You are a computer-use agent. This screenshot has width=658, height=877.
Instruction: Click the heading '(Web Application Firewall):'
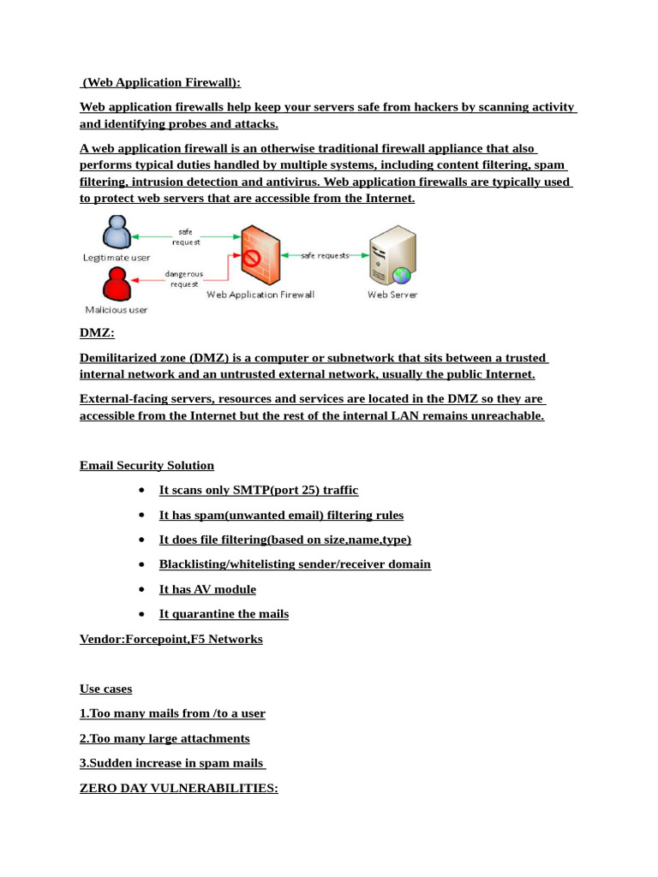click(161, 82)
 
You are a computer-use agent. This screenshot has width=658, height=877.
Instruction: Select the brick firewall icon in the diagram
click(260, 254)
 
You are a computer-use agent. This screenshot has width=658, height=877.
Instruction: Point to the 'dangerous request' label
click(183, 278)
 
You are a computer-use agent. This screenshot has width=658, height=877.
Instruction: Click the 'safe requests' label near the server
click(324, 255)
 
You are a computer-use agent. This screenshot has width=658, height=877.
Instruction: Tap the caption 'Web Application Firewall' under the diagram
click(260, 295)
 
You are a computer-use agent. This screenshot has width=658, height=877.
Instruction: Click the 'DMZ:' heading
click(97, 333)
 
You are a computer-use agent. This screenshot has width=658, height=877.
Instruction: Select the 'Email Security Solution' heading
click(147, 466)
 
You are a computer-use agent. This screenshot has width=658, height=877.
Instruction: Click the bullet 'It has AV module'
click(207, 589)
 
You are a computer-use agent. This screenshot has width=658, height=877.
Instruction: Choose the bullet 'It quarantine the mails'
click(224, 614)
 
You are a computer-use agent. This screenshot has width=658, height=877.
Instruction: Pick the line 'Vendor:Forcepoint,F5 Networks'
click(170, 639)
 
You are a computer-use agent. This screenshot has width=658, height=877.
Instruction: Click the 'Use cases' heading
click(105, 689)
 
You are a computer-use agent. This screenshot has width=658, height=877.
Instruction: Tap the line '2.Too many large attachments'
click(164, 738)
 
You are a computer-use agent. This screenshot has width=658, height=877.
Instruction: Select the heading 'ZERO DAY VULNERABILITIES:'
click(178, 788)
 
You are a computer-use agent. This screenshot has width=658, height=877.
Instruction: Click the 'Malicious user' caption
click(116, 309)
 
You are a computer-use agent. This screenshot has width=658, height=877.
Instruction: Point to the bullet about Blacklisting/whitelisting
click(295, 564)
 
